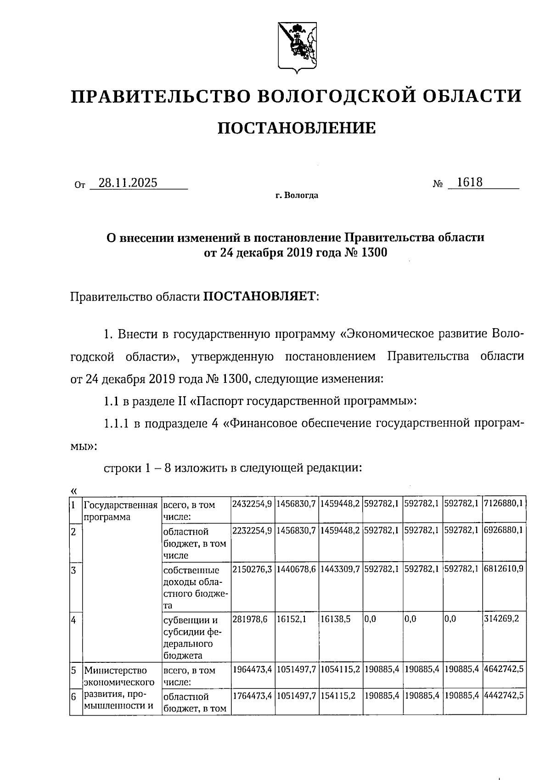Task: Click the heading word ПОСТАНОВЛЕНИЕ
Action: point(296,128)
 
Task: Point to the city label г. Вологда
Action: point(297,196)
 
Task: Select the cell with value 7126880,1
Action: point(503,504)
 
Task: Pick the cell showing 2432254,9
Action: point(252,504)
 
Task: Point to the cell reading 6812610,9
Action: point(503,568)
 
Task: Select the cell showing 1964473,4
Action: point(252,670)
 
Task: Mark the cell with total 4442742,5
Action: point(503,696)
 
